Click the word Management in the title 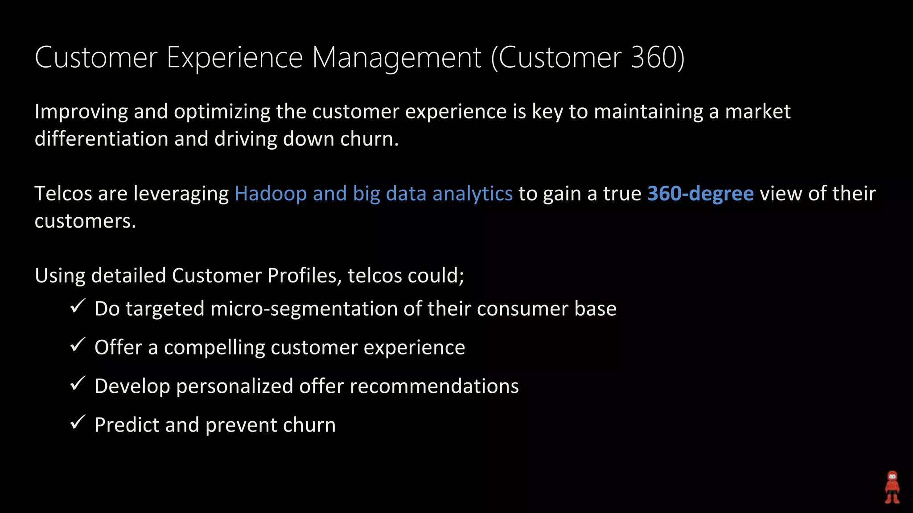396,58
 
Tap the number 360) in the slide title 658,58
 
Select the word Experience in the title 234,58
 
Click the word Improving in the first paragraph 81,111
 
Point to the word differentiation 101,139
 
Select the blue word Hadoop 271,194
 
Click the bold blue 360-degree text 700,194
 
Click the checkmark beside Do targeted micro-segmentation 78,306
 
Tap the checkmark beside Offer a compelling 78,345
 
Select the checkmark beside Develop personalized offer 78,384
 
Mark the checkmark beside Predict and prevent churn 78,423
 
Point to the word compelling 214,348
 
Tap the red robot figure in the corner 892,487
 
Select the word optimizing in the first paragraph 222,111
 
